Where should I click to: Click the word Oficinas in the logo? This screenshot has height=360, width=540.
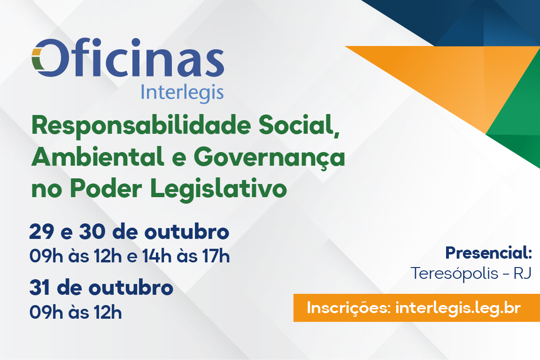pyautogui.click(x=128, y=57)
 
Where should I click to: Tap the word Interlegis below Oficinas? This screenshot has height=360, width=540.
pyautogui.click(x=182, y=93)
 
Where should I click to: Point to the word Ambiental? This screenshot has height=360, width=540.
pyautogui.click(x=98, y=157)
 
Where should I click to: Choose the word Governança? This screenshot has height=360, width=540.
pyautogui.click(x=271, y=158)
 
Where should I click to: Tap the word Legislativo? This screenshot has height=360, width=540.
pyautogui.click(x=219, y=189)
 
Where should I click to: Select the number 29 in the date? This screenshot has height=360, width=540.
pyautogui.click(x=42, y=231)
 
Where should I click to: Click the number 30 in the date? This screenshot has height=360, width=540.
pyautogui.click(x=93, y=231)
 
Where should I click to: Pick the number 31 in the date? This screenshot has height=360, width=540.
pyautogui.click(x=39, y=288)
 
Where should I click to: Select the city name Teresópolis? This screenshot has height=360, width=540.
pyautogui.click(x=455, y=274)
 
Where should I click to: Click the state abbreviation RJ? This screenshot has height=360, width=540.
pyautogui.click(x=523, y=274)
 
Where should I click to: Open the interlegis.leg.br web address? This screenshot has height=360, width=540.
pyautogui.click(x=458, y=308)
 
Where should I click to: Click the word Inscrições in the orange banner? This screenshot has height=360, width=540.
pyautogui.click(x=348, y=308)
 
